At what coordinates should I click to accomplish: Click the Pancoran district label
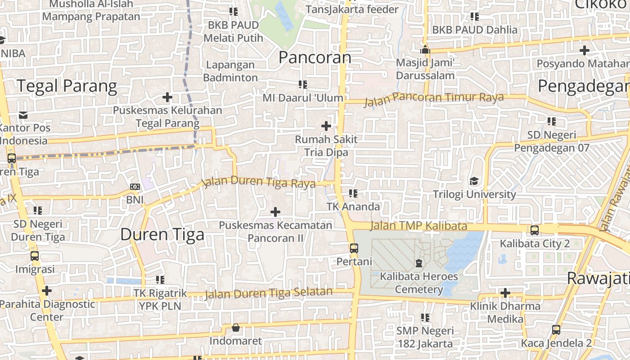coord(315,58)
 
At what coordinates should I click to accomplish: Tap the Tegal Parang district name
coord(67,85)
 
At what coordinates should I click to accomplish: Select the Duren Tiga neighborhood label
coord(162,234)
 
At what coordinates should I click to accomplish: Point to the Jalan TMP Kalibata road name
coord(418,226)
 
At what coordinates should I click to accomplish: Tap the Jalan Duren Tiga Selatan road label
coord(269,293)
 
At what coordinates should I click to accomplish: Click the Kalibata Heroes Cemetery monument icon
coord(419,263)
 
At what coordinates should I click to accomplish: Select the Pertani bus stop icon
coord(354,248)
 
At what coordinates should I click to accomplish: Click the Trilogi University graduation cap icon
coord(474,181)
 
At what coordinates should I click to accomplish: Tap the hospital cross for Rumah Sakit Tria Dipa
coord(326,126)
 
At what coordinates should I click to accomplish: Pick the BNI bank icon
coord(135,187)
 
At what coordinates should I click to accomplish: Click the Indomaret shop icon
coord(235,328)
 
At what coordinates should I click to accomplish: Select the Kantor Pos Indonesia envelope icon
coord(23,115)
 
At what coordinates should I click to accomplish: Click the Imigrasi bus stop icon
coord(35,256)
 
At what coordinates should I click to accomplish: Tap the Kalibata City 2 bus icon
coord(535,230)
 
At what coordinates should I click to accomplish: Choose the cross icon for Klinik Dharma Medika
coord(505,293)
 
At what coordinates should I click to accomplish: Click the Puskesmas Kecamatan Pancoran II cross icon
coord(275,211)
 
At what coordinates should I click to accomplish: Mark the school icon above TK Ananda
coord(353,193)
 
